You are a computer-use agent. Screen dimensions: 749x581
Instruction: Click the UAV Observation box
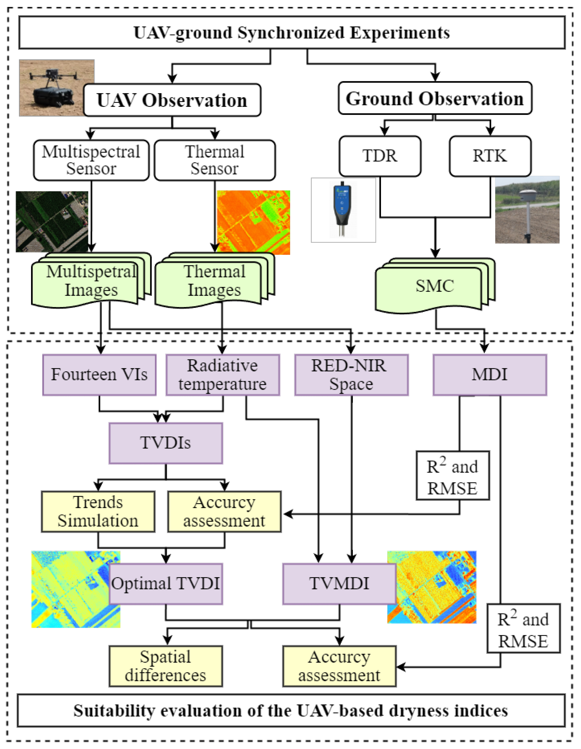coord(172,100)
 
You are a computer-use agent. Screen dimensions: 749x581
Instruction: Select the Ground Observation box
coord(435,98)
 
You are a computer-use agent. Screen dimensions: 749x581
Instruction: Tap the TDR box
coord(380,156)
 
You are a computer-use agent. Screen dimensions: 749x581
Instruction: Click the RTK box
coord(490,156)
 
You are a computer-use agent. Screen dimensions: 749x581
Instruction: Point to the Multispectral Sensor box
coord(91,160)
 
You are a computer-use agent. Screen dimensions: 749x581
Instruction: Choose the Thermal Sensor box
coord(215,160)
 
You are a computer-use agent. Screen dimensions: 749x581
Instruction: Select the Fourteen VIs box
coord(99,374)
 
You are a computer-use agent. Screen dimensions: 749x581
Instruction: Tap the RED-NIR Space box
coord(351,374)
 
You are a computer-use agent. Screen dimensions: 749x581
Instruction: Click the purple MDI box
coord(490,374)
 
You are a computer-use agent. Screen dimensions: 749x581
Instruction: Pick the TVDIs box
coord(166,443)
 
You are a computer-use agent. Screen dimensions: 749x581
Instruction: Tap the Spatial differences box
coord(166,666)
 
